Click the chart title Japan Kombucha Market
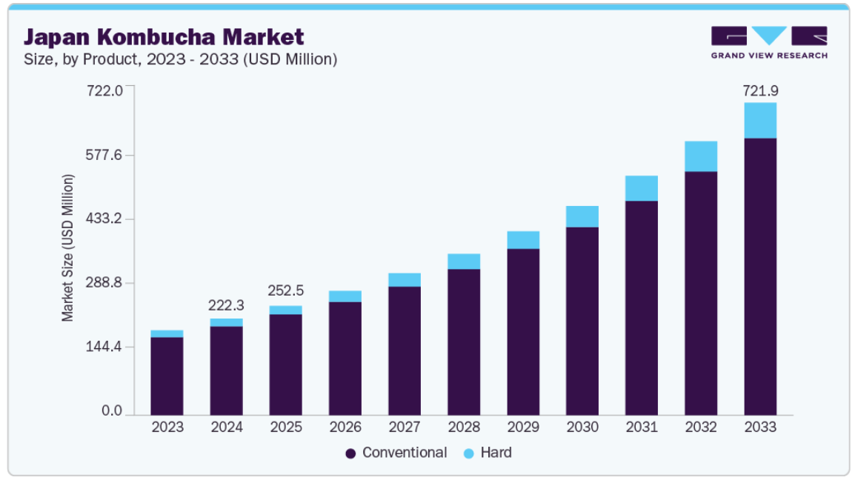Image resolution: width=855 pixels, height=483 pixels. click(164, 36)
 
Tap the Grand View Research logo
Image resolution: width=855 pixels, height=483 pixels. click(769, 42)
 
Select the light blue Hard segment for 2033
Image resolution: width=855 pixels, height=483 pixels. click(760, 120)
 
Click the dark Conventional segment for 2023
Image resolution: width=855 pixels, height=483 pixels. click(167, 376)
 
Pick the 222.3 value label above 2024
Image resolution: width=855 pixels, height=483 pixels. click(227, 305)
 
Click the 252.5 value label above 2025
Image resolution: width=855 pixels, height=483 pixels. click(286, 290)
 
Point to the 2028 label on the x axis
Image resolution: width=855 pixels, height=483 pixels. click(464, 427)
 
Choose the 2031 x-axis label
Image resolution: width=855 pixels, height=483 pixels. click(642, 427)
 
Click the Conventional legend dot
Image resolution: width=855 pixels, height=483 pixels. click(350, 453)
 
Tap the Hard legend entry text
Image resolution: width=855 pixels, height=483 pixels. click(496, 452)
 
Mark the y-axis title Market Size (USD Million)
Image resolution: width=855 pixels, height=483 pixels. click(68, 248)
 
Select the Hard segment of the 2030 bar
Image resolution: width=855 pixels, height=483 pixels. click(582, 216)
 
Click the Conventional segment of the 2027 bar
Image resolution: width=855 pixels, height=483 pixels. click(405, 350)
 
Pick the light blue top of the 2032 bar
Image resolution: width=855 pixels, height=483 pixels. click(701, 156)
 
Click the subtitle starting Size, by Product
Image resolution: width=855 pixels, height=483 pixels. click(181, 59)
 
